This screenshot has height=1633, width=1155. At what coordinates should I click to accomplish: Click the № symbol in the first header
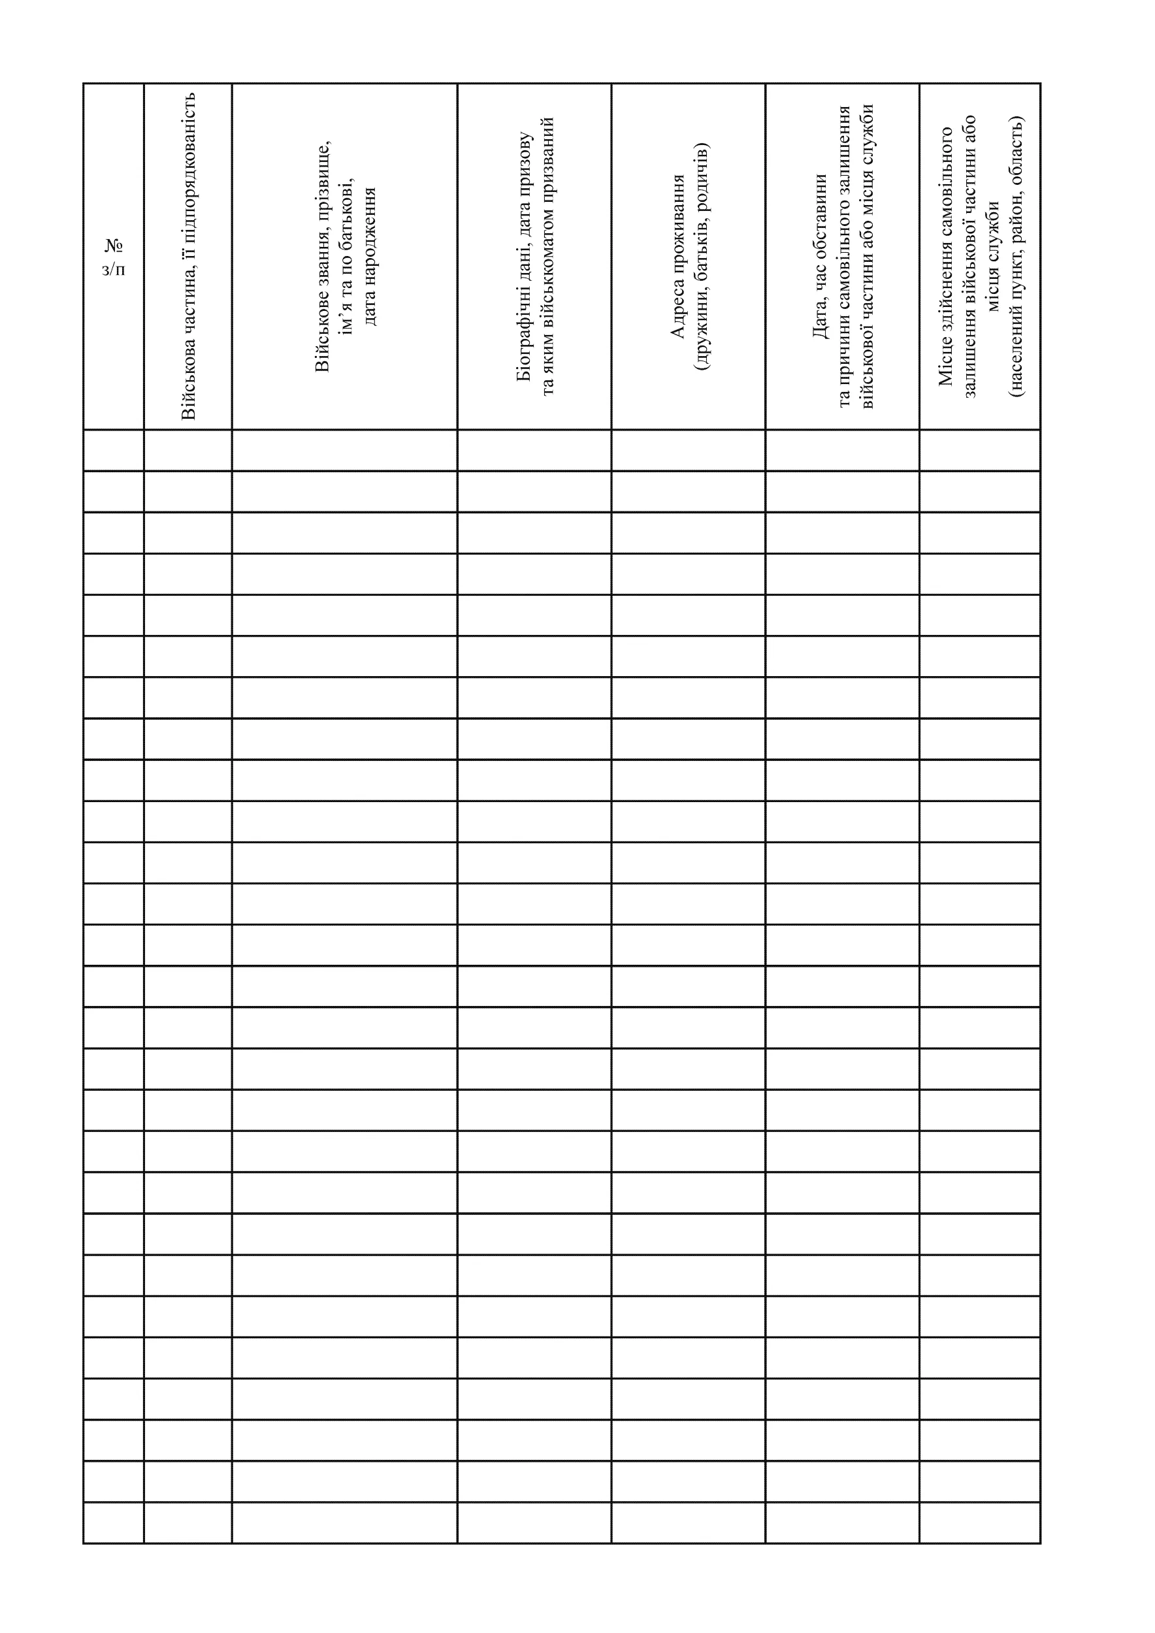coord(114,246)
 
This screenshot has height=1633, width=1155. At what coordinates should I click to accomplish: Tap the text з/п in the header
coord(114,270)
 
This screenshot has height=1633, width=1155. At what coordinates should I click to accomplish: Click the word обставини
coord(820,206)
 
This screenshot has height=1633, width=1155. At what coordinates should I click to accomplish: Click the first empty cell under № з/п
coord(114,450)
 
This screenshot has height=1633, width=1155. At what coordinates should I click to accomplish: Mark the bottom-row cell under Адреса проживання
coord(688,1522)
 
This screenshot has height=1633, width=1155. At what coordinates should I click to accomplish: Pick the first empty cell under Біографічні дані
coord(534,450)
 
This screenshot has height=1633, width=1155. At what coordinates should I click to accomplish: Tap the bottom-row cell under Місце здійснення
coord(979,1522)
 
